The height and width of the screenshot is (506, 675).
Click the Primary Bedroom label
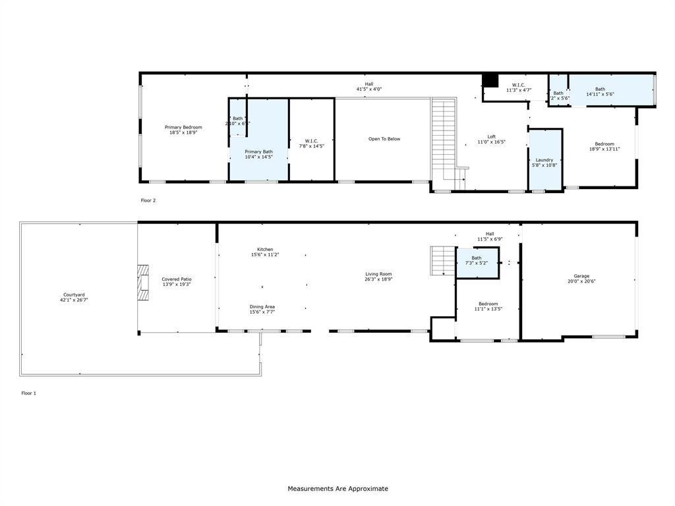tap(183, 127)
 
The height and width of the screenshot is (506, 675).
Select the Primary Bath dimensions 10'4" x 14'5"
tap(258, 157)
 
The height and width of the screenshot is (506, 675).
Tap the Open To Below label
tap(384, 139)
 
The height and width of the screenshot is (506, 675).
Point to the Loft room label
tap(491, 137)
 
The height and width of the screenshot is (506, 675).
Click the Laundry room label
tap(544, 160)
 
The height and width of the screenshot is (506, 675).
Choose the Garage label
tap(581, 276)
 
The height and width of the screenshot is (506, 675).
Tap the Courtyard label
tap(74, 295)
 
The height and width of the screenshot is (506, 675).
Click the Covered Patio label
tap(177, 279)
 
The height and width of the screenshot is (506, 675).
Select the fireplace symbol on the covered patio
tap(143, 282)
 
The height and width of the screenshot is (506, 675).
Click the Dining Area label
tap(262, 306)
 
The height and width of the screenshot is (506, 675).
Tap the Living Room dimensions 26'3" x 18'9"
tap(379, 279)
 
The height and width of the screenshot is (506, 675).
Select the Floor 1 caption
tap(29, 393)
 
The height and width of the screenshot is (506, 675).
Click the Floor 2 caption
tap(148, 200)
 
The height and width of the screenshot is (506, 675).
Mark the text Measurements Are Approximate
tap(337, 489)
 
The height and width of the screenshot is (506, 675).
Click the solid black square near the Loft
tap(490, 80)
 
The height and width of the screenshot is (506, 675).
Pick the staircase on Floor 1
tap(443, 260)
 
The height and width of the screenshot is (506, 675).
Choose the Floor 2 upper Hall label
tap(368, 84)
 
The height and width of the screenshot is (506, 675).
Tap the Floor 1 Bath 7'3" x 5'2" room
tap(477, 261)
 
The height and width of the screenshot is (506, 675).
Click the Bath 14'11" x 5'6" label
tap(600, 90)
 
